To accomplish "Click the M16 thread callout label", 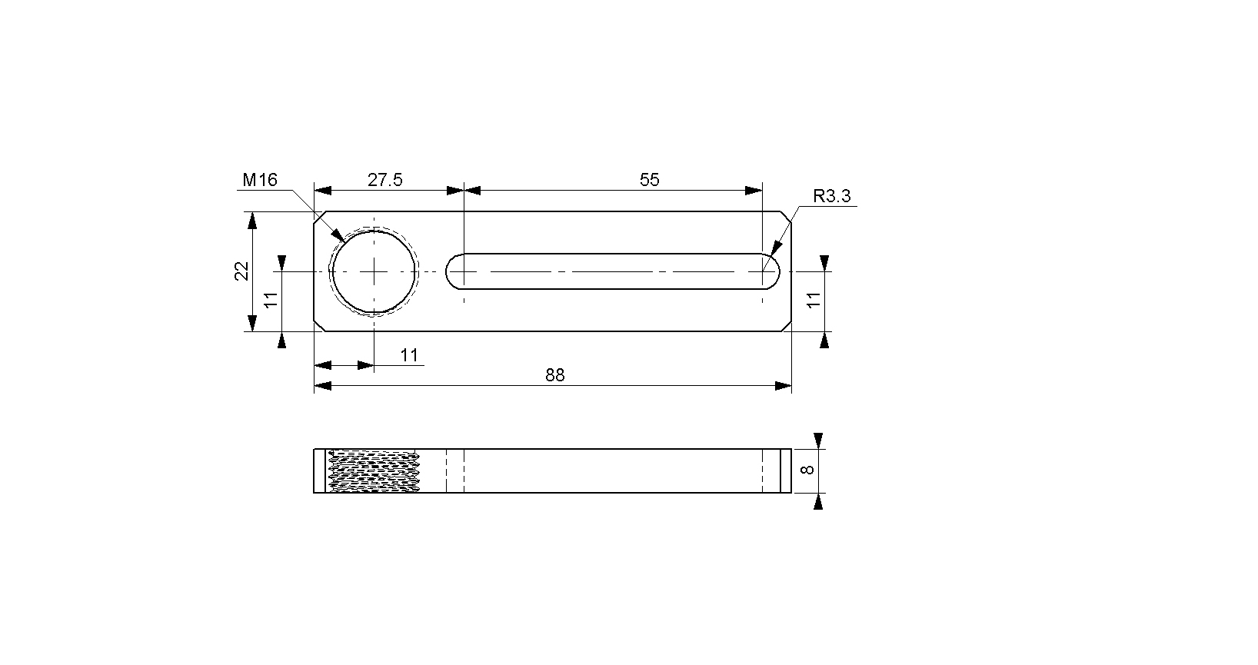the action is point(260,180).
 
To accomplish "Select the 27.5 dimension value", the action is point(385,180).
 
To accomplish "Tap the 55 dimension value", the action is point(649,180).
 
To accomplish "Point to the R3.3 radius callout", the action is point(832,196).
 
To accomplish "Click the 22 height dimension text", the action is point(241,271).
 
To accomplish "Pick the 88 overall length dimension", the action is point(555,375).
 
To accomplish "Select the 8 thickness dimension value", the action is point(807,470).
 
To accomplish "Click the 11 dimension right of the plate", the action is point(814,301).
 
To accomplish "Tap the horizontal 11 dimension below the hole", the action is point(409,355).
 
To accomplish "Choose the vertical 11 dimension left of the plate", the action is point(271,301).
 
